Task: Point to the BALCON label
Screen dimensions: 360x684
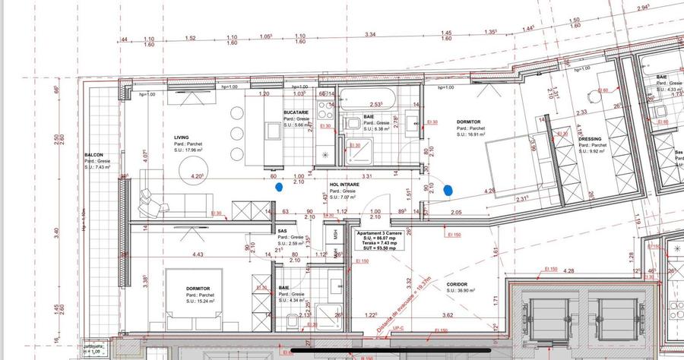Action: tap(94, 156)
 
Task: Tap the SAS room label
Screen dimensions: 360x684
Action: tap(282, 230)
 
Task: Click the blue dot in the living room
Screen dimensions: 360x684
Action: tap(280, 185)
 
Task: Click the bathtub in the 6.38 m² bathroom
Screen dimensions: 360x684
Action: tap(366, 98)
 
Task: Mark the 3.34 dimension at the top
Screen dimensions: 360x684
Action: tap(370, 35)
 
